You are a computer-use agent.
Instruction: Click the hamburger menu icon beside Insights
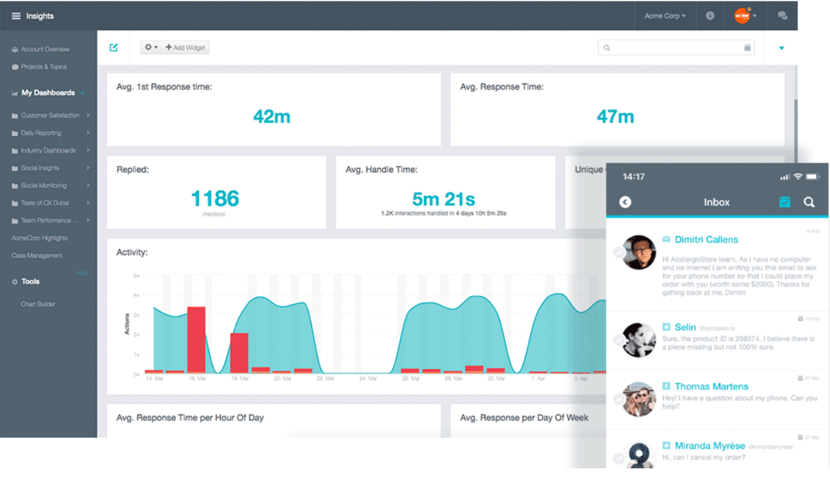[x=16, y=16]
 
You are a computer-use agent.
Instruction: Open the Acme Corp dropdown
[x=664, y=16]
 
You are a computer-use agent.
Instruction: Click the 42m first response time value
[x=271, y=116]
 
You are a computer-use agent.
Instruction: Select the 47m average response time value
[x=615, y=116]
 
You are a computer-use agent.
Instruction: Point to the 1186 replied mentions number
[x=215, y=198]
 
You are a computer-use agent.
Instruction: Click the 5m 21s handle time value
[x=443, y=199]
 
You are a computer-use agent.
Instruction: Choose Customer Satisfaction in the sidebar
[x=50, y=116]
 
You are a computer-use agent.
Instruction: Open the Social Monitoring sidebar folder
[x=44, y=185]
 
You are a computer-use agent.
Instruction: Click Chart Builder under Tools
[x=38, y=304]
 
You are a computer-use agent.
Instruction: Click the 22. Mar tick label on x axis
[x=326, y=378]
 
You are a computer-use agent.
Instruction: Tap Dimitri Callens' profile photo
[x=639, y=253]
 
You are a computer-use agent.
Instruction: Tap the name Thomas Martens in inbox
[x=711, y=386]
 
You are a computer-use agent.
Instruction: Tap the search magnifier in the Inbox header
[x=808, y=202]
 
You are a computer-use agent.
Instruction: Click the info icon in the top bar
[x=710, y=16]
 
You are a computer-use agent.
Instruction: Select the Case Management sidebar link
[x=37, y=256]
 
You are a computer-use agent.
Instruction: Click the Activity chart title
[x=132, y=253]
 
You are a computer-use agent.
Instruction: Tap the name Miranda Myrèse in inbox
[x=709, y=446]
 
